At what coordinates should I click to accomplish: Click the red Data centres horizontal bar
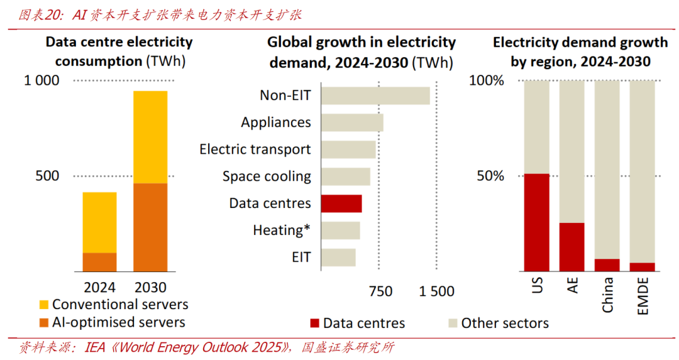pyautogui.click(x=341, y=204)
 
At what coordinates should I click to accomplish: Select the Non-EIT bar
pyautogui.click(x=375, y=95)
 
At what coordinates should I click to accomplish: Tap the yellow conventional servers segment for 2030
pyautogui.click(x=150, y=137)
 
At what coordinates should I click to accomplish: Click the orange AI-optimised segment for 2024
pyautogui.click(x=99, y=262)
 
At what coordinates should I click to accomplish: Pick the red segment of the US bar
pyautogui.click(x=536, y=222)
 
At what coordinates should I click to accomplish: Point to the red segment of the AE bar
pyautogui.click(x=571, y=247)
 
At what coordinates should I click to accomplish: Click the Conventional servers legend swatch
pyautogui.click(x=43, y=305)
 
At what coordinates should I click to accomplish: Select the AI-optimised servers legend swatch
pyautogui.click(x=43, y=323)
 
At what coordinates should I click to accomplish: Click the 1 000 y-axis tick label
pyautogui.click(x=42, y=80)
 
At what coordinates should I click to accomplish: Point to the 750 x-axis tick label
pyautogui.click(x=380, y=292)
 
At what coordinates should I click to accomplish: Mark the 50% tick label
pyautogui.click(x=490, y=176)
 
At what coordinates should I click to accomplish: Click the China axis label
pyautogui.click(x=607, y=295)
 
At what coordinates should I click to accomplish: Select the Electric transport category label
pyautogui.click(x=255, y=150)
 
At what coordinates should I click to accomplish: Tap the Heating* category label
pyautogui.click(x=282, y=231)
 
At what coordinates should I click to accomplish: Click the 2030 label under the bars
pyautogui.click(x=150, y=288)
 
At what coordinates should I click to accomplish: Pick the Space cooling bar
pyautogui.click(x=346, y=177)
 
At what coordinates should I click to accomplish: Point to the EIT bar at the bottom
pyautogui.click(x=338, y=258)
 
